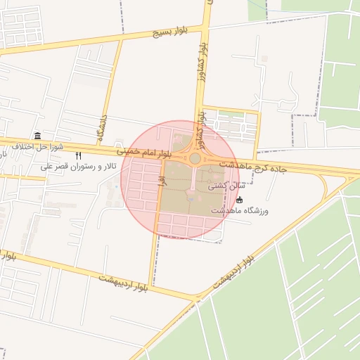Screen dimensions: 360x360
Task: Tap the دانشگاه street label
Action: [103, 124]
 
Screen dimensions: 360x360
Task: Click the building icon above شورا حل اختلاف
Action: [37, 136]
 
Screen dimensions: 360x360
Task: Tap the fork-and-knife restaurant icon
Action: [79, 155]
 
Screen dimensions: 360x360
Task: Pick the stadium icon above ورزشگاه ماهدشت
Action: [240, 200]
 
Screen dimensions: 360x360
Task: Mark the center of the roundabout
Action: [195, 159]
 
